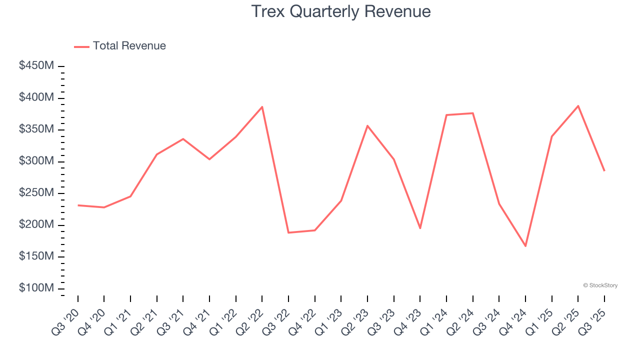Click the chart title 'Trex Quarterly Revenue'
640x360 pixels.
tap(340, 11)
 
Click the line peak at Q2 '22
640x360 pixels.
tap(262, 106)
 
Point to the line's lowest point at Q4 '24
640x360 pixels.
tap(525, 246)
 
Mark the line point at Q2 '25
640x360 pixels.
tap(578, 105)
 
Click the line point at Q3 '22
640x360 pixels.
tap(288, 232)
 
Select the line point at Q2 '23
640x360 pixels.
tap(367, 125)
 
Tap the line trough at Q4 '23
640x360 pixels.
tap(420, 228)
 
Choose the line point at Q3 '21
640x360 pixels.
tap(183, 138)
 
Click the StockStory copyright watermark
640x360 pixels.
tap(600, 285)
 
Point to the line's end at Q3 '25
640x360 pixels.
tap(604, 170)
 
